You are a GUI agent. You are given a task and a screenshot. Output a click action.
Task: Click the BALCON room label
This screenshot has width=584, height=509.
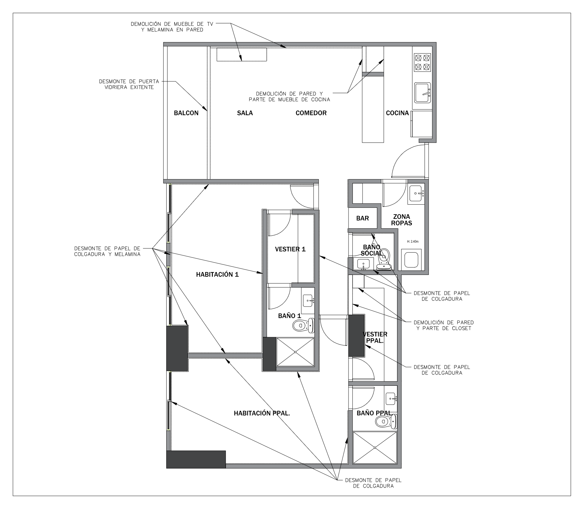pos(186,113)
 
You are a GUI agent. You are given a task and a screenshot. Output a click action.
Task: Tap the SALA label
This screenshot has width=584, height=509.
pos(245,113)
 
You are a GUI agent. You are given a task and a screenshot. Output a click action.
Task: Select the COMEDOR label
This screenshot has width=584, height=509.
pos(311,113)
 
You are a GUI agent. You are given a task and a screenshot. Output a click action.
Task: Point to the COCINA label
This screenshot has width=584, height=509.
pos(397,113)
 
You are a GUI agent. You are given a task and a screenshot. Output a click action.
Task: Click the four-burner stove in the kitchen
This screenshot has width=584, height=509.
pos(422,63)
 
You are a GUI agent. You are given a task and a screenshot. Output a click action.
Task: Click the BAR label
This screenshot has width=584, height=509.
pos(363,218)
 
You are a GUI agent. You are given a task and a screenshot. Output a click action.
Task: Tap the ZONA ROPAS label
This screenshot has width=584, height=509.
pos(401,220)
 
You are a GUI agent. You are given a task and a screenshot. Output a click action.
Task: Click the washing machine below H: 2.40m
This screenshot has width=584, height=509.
pos(411,260)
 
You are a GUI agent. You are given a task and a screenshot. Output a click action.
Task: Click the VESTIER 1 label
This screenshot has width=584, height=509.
pos(290,249)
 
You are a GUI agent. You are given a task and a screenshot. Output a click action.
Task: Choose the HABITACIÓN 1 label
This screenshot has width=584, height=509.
pos(217,274)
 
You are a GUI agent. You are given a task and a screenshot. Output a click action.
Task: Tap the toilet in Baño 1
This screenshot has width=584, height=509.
pos(303,326)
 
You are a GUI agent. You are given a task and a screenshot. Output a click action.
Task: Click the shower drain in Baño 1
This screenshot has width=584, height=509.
pos(295,352)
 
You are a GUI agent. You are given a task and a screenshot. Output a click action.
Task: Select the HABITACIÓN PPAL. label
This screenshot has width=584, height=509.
pos(262,413)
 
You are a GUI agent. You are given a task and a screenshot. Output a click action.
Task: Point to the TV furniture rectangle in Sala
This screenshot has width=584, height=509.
pos(242,54)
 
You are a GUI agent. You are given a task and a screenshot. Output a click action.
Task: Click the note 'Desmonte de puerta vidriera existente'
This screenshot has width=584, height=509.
pos(129,84)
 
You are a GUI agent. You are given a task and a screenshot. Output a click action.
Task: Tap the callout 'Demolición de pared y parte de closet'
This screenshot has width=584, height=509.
pos(444,325)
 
